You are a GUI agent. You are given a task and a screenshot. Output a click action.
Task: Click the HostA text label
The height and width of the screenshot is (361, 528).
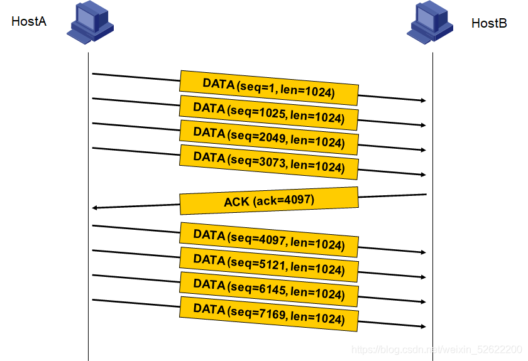(29, 21)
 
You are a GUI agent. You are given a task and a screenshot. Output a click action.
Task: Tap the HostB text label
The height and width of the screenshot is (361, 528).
(489, 23)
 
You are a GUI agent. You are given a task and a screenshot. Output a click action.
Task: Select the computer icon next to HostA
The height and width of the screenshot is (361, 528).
(91, 22)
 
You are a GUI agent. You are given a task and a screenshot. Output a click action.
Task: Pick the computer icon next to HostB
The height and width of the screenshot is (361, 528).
(430, 22)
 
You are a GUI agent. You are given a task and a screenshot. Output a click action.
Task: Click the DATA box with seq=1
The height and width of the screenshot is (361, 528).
(269, 88)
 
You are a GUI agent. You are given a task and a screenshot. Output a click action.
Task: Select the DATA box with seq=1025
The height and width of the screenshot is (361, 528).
(269, 113)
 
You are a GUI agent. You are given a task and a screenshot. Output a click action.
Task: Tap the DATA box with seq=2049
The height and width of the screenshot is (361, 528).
(269, 137)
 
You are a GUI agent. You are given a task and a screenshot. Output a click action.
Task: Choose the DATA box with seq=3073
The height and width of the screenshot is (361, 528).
(269, 162)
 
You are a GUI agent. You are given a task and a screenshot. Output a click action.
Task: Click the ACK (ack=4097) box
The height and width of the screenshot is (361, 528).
(269, 201)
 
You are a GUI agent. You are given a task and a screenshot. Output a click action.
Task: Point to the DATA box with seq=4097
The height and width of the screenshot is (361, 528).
(269, 240)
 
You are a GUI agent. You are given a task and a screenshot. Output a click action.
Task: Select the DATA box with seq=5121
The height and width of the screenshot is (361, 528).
(269, 264)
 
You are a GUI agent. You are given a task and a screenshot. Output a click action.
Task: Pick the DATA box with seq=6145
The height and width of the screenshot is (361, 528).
(269, 289)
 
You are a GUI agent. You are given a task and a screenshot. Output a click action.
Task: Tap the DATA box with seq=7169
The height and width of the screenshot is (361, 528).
(269, 314)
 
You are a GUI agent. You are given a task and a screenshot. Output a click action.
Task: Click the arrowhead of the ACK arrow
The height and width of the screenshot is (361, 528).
(94, 208)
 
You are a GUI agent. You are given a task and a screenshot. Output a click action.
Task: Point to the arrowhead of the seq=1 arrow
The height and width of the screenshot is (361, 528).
(424, 100)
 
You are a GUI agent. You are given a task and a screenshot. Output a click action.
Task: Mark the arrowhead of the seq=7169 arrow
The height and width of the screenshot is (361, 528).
(424, 326)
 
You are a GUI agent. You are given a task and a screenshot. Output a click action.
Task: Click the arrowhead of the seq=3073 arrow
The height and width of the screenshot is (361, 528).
(424, 175)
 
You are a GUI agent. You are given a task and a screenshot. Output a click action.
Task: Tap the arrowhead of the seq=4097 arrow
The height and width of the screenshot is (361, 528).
(424, 252)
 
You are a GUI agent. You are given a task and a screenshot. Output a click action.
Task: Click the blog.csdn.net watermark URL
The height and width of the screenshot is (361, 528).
(437, 350)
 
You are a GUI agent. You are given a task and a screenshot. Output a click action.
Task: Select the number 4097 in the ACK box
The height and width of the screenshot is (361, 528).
(299, 200)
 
